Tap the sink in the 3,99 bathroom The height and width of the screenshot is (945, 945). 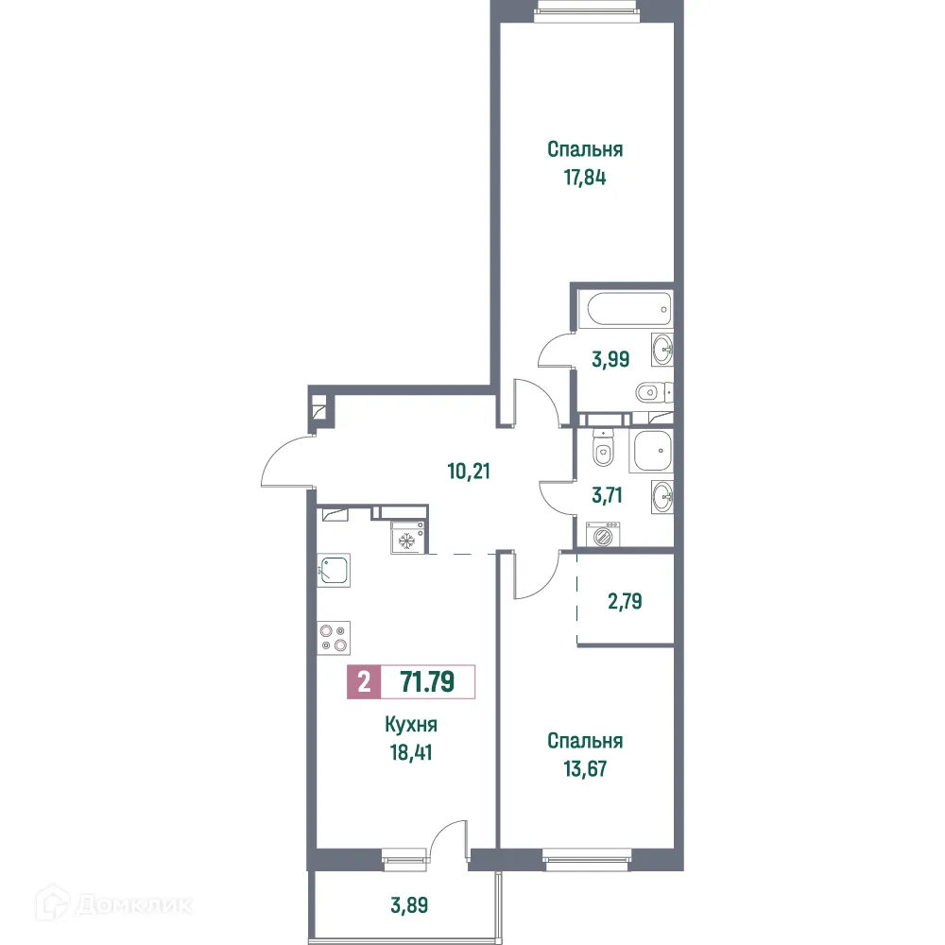click(662, 351)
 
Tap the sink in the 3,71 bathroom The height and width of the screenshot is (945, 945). click(662, 492)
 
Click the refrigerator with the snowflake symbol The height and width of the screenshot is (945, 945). click(406, 540)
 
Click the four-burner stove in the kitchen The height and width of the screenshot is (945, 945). click(335, 637)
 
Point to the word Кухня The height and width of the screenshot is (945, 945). click(411, 726)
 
